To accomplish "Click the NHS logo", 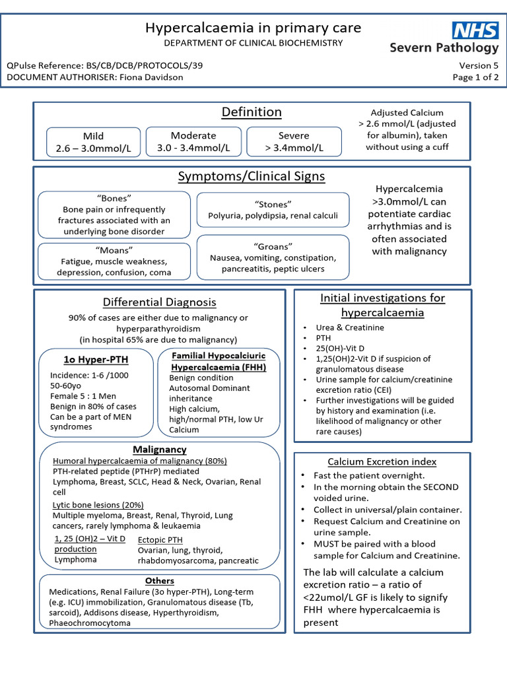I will (475, 30).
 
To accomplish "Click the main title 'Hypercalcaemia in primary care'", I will (253, 27).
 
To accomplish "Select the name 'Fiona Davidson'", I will (151, 77).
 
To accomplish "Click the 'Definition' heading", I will (252, 112).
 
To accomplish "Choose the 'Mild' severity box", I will (93, 142).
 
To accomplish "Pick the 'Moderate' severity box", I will (193, 141).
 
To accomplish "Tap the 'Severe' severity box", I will (294, 141).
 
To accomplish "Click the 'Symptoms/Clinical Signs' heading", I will (252, 176).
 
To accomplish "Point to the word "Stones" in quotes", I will (273, 204).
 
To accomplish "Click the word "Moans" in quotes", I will (114, 250).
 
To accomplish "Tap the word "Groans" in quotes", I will (273, 246).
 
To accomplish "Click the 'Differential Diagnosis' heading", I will (159, 302).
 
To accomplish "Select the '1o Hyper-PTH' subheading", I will (96, 360).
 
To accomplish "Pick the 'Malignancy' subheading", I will (160, 450).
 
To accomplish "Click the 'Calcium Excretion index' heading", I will (382, 461).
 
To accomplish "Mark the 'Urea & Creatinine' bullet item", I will (350, 327).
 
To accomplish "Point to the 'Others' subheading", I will (160, 581).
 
